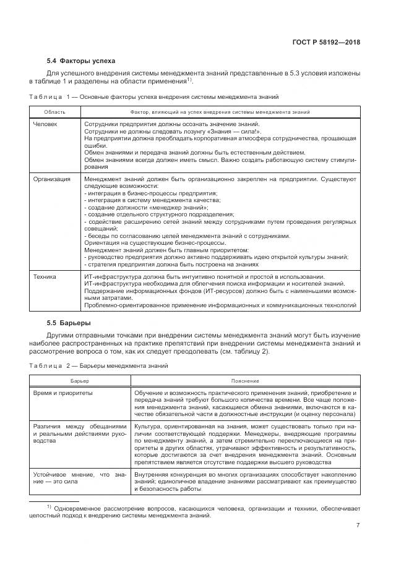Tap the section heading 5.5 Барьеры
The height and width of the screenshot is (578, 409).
click(69, 323)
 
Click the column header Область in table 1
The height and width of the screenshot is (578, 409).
click(54, 112)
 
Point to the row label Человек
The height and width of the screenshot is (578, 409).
click(45, 124)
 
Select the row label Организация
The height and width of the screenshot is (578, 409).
click(52, 179)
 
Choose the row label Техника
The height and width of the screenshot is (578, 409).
click(45, 276)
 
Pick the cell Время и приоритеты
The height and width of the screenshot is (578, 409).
click(63, 393)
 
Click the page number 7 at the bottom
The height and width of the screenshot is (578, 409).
click(358, 525)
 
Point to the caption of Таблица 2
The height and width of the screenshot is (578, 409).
click(98, 366)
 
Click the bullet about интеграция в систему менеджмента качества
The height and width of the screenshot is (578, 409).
click(151, 200)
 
